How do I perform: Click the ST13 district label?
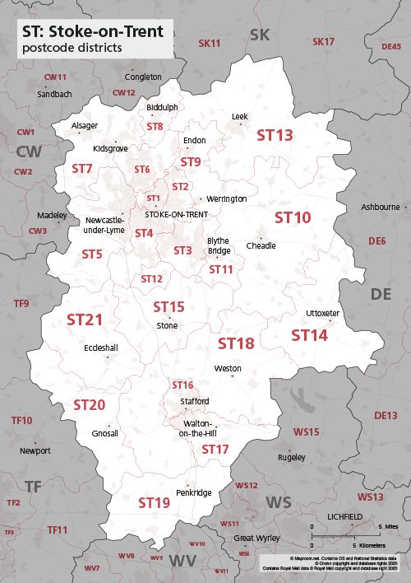(275, 135)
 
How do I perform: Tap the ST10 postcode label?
(293, 217)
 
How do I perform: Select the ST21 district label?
(85, 319)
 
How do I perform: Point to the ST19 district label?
(154, 502)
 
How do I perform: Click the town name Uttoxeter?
(322, 314)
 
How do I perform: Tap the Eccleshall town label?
(100, 347)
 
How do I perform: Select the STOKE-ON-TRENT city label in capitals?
(176, 214)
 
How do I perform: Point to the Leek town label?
(239, 117)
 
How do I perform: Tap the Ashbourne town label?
(380, 207)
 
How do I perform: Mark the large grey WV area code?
(183, 561)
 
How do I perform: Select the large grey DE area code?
(381, 294)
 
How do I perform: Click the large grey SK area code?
(260, 34)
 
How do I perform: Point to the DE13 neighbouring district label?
(386, 416)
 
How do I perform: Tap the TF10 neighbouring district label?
(21, 421)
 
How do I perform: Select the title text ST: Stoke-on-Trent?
(93, 32)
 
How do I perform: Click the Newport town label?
(35, 450)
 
